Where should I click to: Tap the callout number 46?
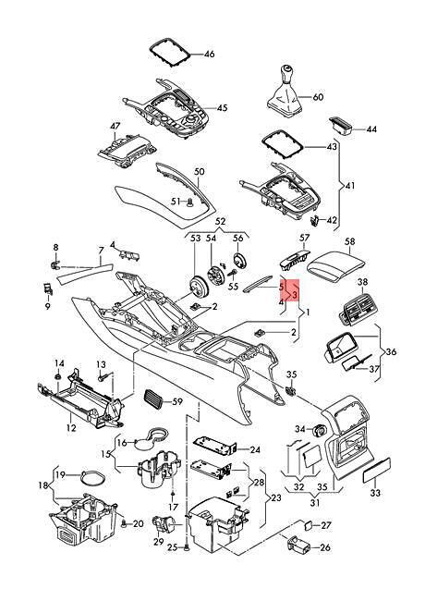coord(210,54)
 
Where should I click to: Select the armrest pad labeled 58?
coord(336,264)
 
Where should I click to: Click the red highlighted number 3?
coord(295,294)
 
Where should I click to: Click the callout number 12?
coord(71,427)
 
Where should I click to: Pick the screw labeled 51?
coord(189,202)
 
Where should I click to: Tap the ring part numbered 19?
coord(93,477)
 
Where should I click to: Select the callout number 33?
coord(375,493)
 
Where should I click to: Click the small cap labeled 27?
coord(309,525)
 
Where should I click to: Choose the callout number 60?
coord(318,97)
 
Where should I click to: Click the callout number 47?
coord(115,126)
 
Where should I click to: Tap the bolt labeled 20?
coord(125,522)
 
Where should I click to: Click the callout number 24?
coord(255,450)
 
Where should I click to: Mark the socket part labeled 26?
coord(299,545)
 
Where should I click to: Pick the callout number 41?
coord(350,186)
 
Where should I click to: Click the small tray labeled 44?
coord(341,127)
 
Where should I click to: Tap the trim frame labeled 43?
coord(284,147)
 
